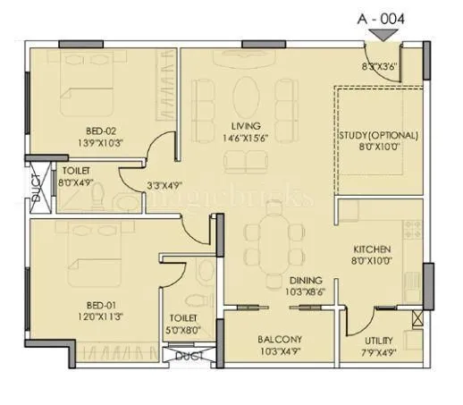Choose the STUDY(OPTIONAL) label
click(378, 136)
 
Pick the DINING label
click(281, 280)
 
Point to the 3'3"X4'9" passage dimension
click(165, 187)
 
